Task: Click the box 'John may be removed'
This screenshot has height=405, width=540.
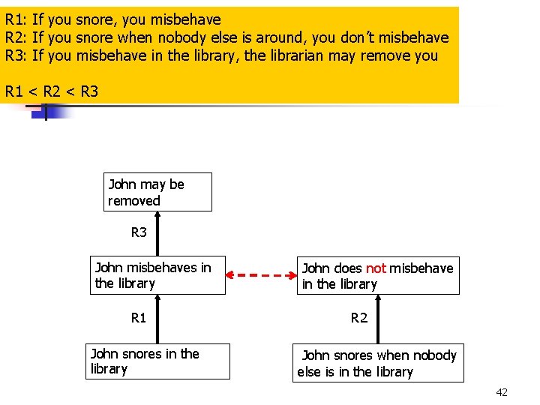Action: [x=158, y=192]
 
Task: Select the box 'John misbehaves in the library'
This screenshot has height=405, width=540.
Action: [x=157, y=275]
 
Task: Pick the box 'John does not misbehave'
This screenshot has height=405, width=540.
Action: [x=378, y=276]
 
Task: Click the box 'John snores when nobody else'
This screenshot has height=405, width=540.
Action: [x=378, y=363]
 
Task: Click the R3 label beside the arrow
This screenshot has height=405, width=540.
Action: [x=139, y=232]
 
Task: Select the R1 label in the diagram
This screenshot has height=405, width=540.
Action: [x=139, y=318]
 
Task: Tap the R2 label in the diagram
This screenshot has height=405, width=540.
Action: [x=359, y=318]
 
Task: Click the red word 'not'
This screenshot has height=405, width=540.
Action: [x=376, y=268]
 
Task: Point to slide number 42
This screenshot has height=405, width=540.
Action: [x=502, y=392]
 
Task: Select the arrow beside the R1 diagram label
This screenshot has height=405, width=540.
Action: [x=158, y=318]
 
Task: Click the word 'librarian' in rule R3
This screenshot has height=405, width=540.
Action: [x=295, y=55]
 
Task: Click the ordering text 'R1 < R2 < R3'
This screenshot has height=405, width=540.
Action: [x=51, y=91]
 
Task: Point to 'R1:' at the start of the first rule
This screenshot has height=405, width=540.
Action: [x=16, y=19]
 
